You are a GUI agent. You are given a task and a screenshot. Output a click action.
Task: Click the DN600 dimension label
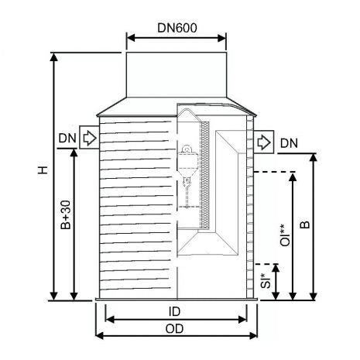[x=177, y=28]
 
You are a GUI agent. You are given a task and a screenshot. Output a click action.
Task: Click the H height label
[x=43, y=170]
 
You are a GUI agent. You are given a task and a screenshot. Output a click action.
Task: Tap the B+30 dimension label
[x=66, y=214]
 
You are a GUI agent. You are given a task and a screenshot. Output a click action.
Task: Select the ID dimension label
[x=174, y=311]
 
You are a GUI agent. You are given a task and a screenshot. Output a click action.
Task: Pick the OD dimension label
[x=174, y=328]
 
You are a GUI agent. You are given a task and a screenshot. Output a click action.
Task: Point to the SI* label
[x=266, y=280]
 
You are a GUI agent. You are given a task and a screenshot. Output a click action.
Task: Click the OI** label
[x=285, y=235]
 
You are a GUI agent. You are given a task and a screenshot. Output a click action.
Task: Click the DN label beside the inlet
[x=67, y=139]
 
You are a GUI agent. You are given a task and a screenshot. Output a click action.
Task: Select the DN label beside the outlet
[x=289, y=143]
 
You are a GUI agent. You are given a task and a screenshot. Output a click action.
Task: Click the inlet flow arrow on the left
[x=90, y=138]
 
